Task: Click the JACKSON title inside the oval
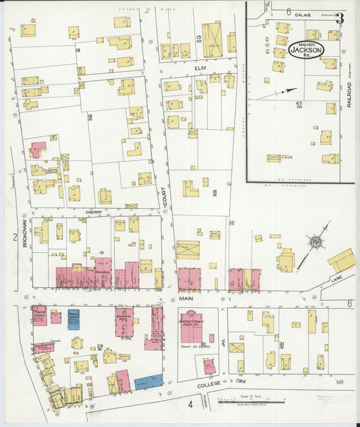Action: pos(307,49)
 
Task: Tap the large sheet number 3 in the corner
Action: pos(340,18)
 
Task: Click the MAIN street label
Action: pos(187,297)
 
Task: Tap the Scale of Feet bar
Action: pos(254,400)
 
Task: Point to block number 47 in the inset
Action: pos(299,103)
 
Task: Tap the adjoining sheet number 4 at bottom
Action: pos(190,405)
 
